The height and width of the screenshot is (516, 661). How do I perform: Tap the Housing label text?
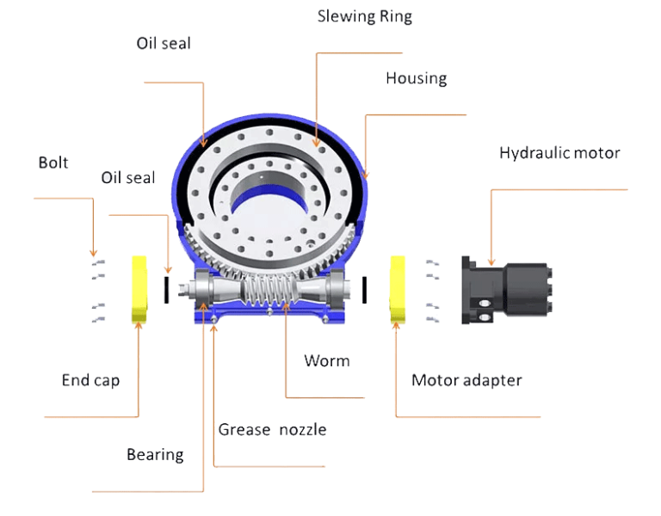pos(416,78)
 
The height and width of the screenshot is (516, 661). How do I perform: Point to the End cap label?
pos(90,379)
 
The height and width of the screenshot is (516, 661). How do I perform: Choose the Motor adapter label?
pos(466,379)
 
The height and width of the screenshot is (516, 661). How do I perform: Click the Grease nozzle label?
pos(272,429)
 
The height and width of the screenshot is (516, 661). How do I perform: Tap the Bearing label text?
pos(155,454)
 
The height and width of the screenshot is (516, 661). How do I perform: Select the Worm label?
pos(327,360)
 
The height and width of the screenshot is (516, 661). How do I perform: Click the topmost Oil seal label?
pos(163,43)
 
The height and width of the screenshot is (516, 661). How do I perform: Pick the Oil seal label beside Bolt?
pos(128,177)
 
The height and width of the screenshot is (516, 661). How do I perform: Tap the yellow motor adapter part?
pos(398,289)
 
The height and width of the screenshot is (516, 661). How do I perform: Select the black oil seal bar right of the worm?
pos(365,290)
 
